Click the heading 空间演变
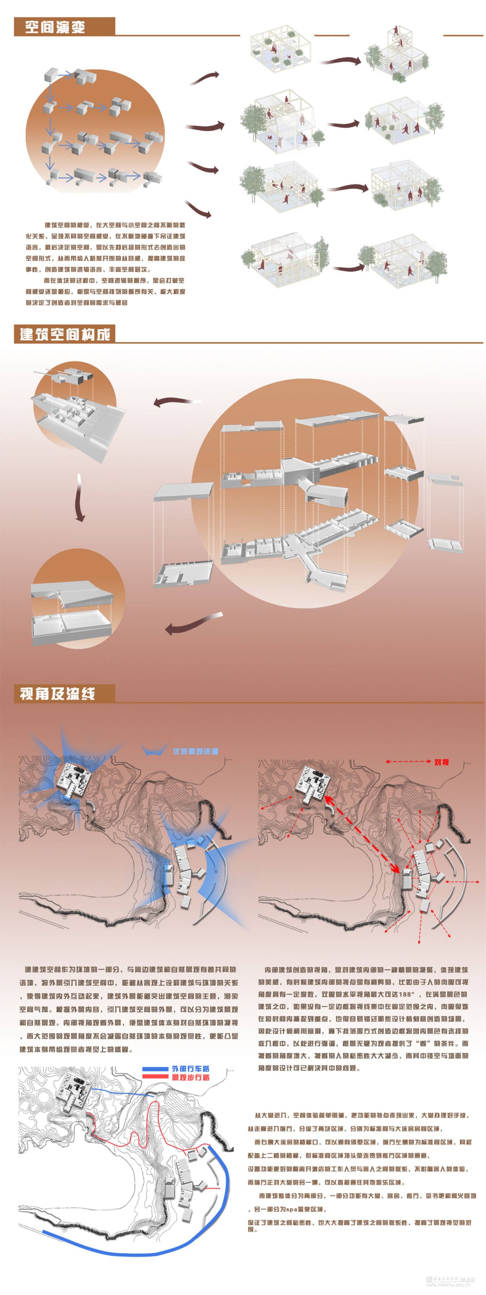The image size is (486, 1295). click(55, 27)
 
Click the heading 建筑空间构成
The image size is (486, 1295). click(64, 334)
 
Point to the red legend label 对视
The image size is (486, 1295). click(441, 762)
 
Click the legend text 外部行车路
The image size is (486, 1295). click(191, 1069)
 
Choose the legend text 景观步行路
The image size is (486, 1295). click(191, 1078)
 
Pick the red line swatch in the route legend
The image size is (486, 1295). click(155, 1077)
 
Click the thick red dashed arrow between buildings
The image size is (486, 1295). click(362, 835)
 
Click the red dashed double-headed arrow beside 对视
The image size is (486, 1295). click(408, 762)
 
